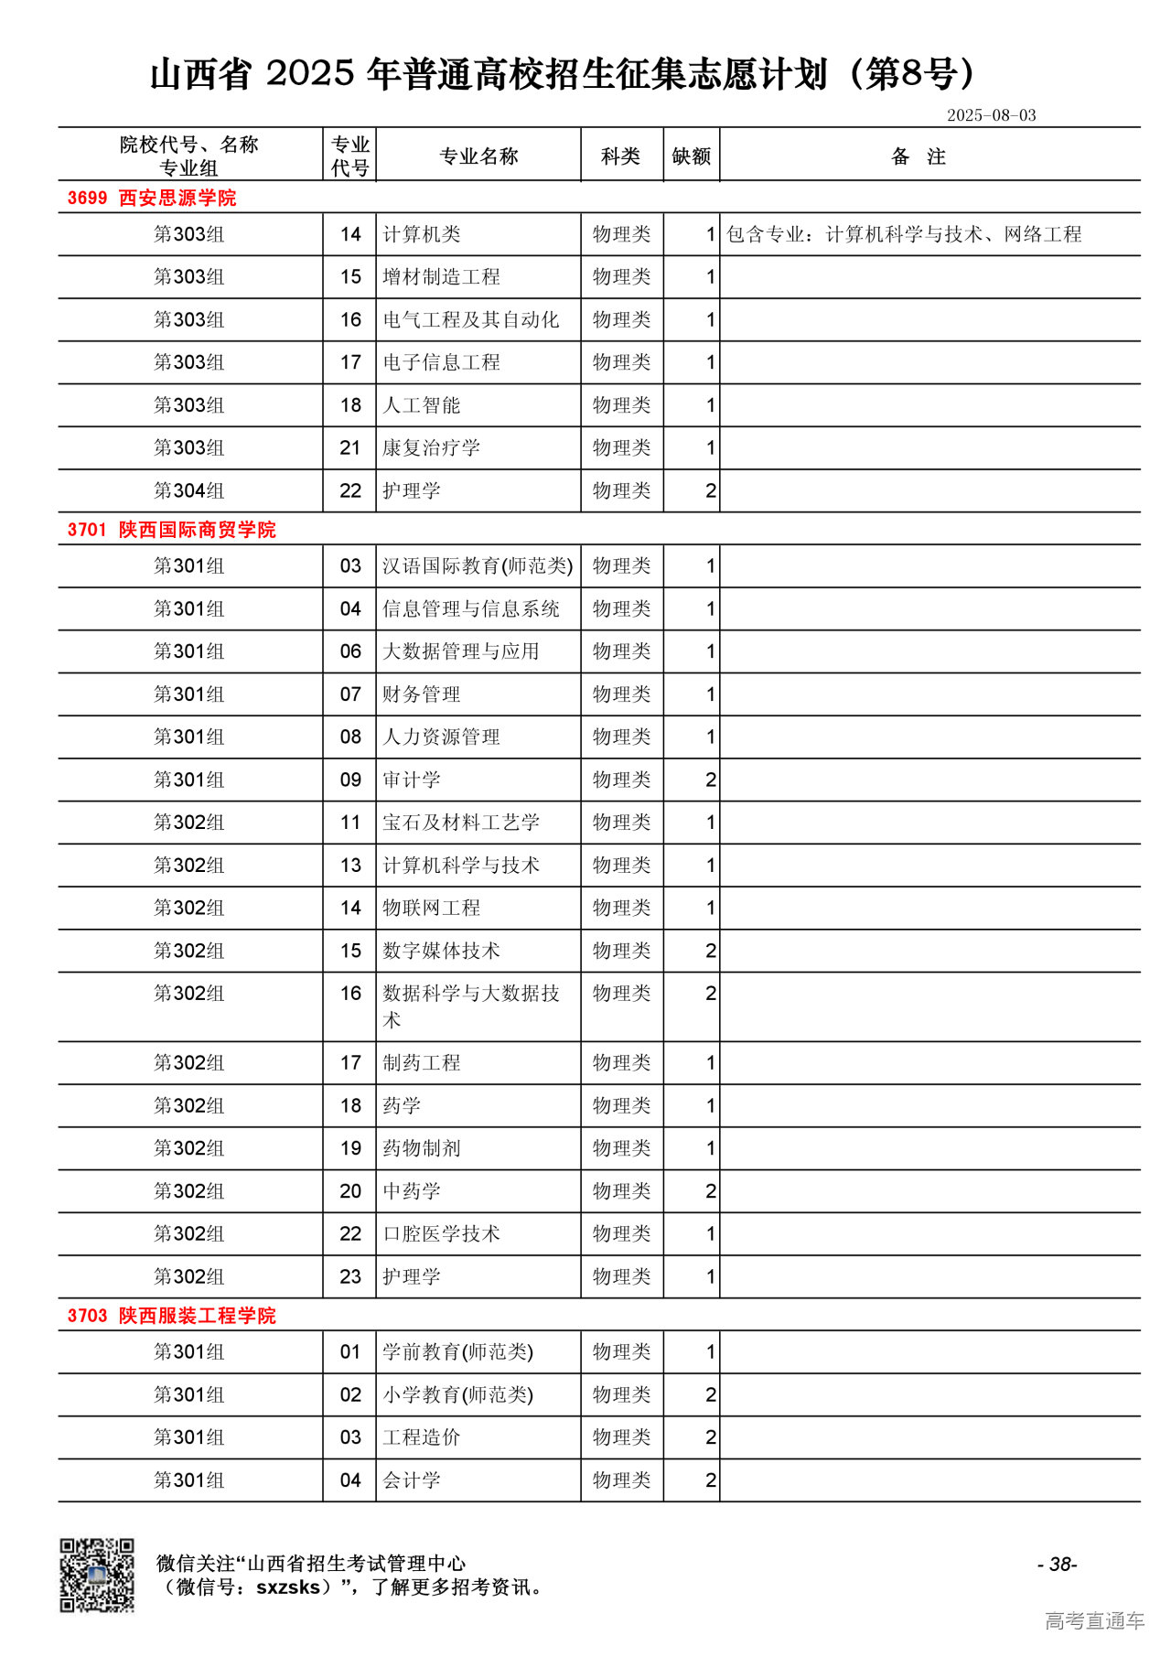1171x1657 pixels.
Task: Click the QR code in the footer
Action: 97,1575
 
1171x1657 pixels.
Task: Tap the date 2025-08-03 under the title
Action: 991,115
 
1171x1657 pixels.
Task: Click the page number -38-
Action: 1057,1565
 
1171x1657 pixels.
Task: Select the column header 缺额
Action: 691,156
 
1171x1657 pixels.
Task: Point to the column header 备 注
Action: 918,156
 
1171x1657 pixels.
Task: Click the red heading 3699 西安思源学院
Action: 152,198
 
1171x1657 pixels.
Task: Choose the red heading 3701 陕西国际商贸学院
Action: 171,530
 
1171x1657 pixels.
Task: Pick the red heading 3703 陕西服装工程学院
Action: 171,1316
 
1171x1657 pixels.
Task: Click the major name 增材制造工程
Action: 441,277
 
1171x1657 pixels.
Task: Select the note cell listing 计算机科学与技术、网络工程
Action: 903,234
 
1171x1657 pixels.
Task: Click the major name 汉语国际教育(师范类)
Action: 478,566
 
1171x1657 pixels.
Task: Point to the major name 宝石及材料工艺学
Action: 460,823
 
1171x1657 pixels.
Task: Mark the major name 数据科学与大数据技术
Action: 470,1006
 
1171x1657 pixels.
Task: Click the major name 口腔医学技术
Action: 441,1234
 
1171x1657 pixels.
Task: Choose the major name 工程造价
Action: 421,1437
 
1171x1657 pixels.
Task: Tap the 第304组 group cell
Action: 188,491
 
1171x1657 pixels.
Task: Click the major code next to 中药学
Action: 350,1191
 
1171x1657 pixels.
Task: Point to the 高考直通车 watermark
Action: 1094,1621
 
